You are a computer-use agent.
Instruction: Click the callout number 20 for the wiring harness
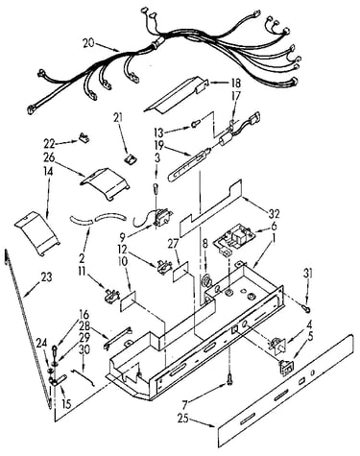pyautogui.click(x=88, y=43)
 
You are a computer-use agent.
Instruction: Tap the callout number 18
pyautogui.click(x=235, y=84)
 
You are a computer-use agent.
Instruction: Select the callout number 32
pyautogui.click(x=275, y=214)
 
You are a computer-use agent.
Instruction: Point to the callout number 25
pyautogui.click(x=184, y=419)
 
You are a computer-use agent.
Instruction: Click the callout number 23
pyautogui.click(x=46, y=277)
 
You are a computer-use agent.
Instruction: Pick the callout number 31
pyautogui.click(x=308, y=274)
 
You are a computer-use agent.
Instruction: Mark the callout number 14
pyautogui.click(x=49, y=171)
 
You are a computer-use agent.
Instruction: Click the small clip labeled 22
pyautogui.click(x=84, y=138)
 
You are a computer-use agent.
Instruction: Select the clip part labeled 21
pyautogui.click(x=130, y=158)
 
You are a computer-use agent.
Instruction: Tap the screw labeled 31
pyautogui.click(x=306, y=309)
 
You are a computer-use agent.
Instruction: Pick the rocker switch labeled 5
pyautogui.click(x=286, y=367)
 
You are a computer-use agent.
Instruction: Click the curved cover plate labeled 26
pyautogui.click(x=105, y=183)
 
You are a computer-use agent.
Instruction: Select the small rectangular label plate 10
pyautogui.click(x=129, y=301)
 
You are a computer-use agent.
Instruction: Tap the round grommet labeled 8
pyautogui.click(x=205, y=280)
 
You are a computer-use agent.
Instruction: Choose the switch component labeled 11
pyautogui.click(x=111, y=295)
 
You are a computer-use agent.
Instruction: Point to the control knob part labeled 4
pyautogui.click(x=277, y=346)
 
